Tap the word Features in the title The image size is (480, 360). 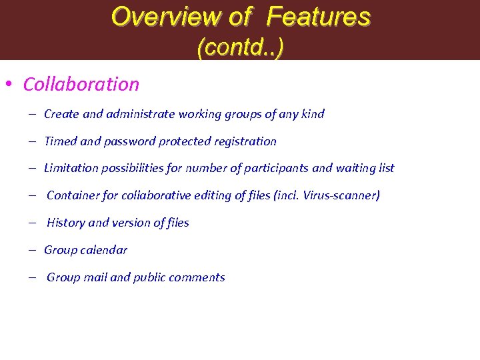point(319,17)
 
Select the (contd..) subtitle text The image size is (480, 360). point(241,47)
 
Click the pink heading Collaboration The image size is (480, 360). point(81,85)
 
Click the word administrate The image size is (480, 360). point(139,114)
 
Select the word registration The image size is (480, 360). point(245,141)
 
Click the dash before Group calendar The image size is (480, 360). point(32,250)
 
